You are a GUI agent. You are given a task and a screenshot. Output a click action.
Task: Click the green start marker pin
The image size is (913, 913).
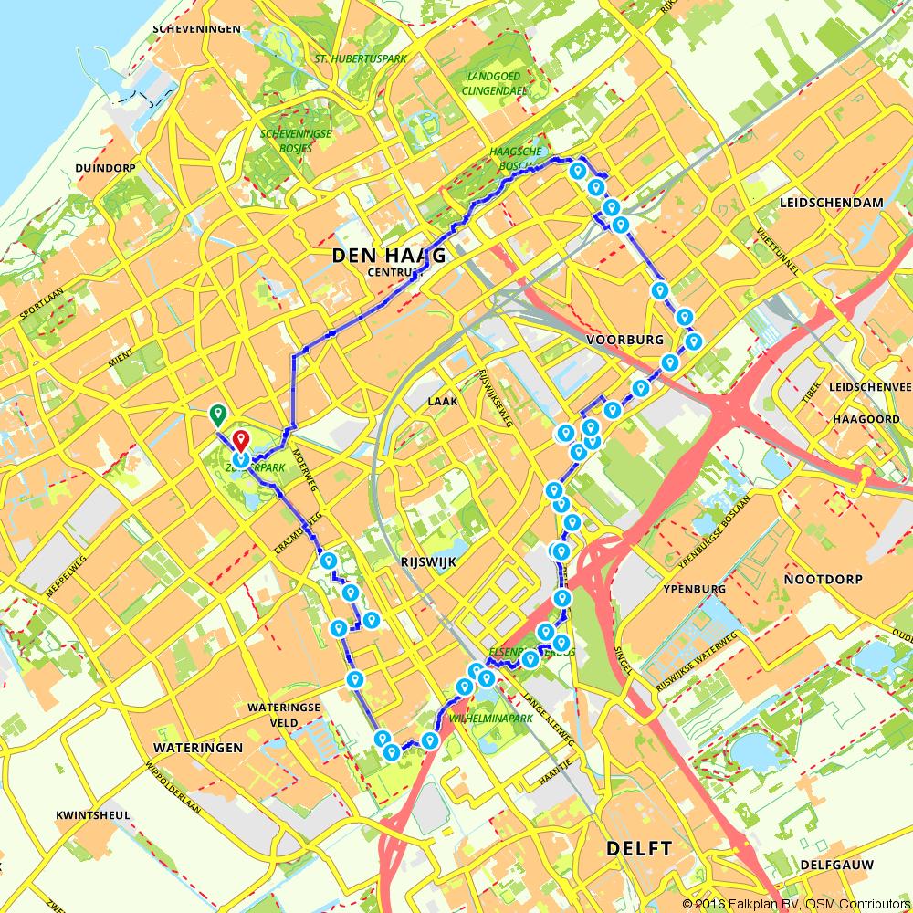tap(217, 415)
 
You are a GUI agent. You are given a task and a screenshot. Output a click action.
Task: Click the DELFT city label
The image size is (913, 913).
tap(639, 848)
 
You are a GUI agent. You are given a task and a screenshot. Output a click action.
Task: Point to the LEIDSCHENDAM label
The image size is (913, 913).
tap(832, 202)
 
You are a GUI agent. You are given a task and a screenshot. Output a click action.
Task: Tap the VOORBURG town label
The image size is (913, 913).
tap(624, 339)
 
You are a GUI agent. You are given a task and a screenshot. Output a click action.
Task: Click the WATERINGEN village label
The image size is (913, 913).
tap(198, 747)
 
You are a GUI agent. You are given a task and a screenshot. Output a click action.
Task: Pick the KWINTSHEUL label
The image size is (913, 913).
tap(92, 814)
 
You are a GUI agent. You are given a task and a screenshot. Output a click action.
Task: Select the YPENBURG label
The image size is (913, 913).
tap(695, 589)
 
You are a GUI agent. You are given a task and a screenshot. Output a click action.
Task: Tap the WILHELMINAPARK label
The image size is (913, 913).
tap(491, 719)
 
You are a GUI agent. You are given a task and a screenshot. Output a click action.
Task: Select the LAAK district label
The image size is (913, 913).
tap(442, 401)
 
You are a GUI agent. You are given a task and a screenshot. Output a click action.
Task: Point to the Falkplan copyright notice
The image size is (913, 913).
tap(796, 903)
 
